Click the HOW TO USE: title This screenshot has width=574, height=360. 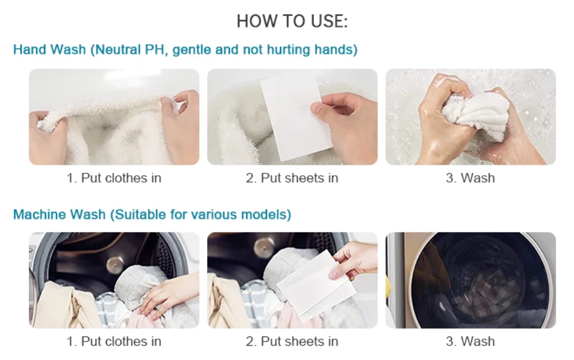[x=292, y=22]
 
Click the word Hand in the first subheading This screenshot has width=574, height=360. [x=29, y=50]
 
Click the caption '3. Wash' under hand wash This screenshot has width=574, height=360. [x=470, y=178]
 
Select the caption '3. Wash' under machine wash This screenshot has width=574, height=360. [x=470, y=341]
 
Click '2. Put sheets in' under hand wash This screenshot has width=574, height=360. [x=292, y=178]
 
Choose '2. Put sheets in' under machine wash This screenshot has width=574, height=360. [x=292, y=341]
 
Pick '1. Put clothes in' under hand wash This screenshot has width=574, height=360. [x=114, y=178]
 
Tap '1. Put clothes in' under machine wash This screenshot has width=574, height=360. [x=114, y=341]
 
